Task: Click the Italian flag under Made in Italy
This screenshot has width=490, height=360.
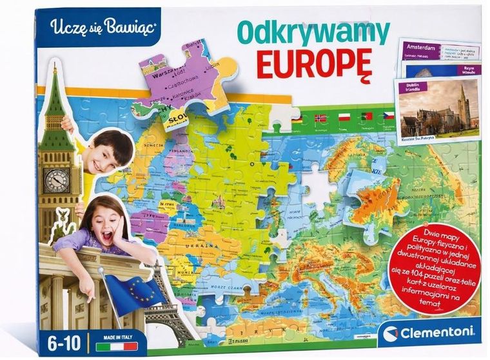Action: click(108, 346)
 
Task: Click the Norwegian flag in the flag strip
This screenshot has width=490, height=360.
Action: click(320, 119)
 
